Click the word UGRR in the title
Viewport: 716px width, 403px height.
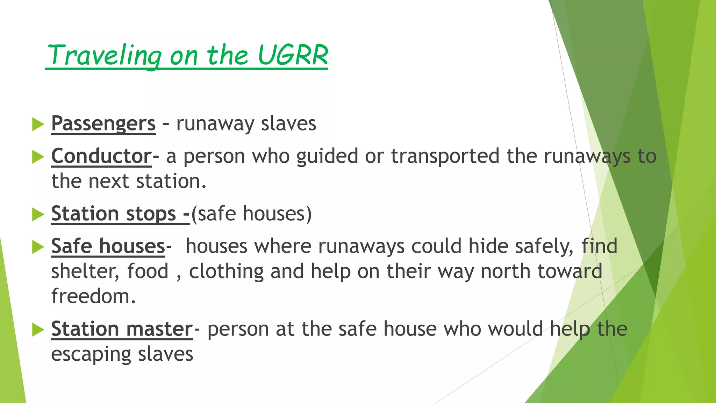coord(293,55)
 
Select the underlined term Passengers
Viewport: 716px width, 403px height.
coord(103,123)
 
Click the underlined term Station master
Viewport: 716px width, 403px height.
coord(122,329)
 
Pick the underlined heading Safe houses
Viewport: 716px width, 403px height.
coord(108,246)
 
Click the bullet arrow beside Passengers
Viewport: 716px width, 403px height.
coord(38,124)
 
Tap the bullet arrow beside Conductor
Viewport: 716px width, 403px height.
coord(38,157)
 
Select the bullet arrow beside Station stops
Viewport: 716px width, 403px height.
coord(38,214)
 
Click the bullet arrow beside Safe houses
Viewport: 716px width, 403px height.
coord(38,247)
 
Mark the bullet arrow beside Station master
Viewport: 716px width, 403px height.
coord(38,330)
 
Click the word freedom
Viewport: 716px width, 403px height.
coord(93,296)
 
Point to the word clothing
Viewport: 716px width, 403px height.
coord(226,271)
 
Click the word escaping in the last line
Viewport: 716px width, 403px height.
coord(91,354)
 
